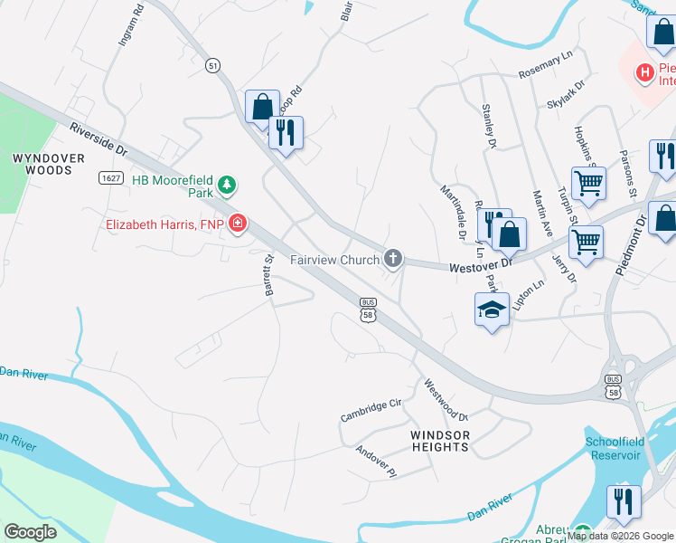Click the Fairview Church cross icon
pyautogui.click(x=392, y=260)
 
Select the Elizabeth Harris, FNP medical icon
pyautogui.click(x=238, y=223)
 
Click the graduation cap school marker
pyautogui.click(x=492, y=310)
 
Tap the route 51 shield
pyautogui.click(x=213, y=65)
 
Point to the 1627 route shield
pyautogui.click(x=110, y=178)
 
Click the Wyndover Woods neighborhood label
pyautogui.click(x=42, y=164)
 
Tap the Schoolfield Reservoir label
pyautogui.click(x=624, y=448)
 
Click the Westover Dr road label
pyautogui.click(x=481, y=265)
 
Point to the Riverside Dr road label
pyautogui.click(x=99, y=139)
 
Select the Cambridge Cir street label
pyautogui.click(x=370, y=410)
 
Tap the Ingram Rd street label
pyautogui.click(x=126, y=28)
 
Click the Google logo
pyautogui.click(x=31, y=531)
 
